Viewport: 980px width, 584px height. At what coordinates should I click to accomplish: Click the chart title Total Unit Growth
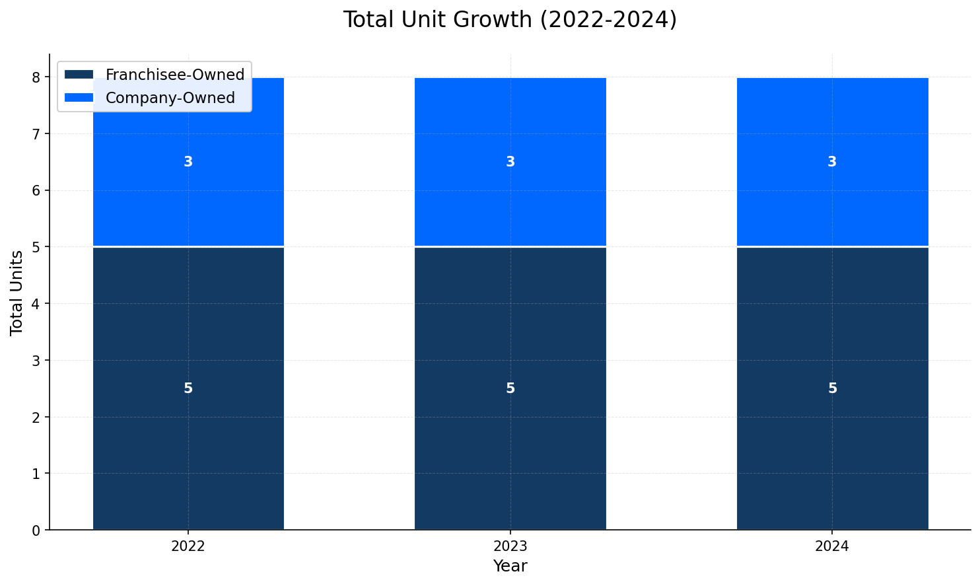509,20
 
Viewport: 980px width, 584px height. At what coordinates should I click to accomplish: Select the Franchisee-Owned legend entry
174,75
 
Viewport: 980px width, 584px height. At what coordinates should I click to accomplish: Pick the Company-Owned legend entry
170,98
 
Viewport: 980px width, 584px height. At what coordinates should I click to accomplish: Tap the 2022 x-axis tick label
188,547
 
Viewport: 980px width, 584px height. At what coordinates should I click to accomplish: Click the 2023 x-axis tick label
510,547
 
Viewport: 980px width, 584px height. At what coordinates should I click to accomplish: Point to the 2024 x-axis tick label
832,547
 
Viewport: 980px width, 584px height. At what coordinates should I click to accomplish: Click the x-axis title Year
510,566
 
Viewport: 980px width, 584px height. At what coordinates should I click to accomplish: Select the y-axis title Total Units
17,293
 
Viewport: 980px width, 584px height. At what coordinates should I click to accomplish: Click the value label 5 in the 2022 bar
188,388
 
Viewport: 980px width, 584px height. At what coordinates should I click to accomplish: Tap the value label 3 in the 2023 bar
510,162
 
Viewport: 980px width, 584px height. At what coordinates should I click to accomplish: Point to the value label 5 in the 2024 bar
832,388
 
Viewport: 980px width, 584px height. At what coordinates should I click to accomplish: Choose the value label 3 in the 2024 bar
832,162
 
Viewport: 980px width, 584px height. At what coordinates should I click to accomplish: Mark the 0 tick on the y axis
36,530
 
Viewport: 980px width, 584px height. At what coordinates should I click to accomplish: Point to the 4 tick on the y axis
36,304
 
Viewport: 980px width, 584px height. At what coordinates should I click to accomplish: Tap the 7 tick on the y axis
36,134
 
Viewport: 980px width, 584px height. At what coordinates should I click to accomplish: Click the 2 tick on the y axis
36,418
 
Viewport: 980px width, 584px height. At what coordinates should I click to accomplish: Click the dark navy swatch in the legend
79,75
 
